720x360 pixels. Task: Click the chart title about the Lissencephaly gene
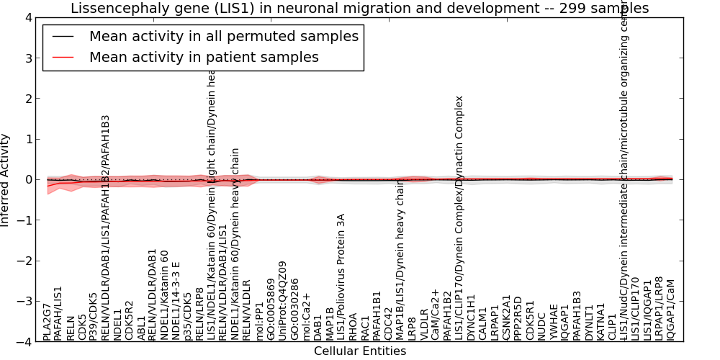pos(359,8)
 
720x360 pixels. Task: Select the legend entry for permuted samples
pos(223,36)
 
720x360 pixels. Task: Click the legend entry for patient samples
pos(204,57)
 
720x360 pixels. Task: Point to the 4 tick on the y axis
pos(27,17)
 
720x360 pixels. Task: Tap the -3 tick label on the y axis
pos(24,302)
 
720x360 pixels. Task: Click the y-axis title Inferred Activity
pos(6,179)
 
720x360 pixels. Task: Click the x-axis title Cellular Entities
pos(359,351)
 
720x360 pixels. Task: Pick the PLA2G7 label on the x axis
pos(47,322)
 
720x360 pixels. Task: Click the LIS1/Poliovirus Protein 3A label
pos(341,276)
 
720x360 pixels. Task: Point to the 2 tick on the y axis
pos(27,99)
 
